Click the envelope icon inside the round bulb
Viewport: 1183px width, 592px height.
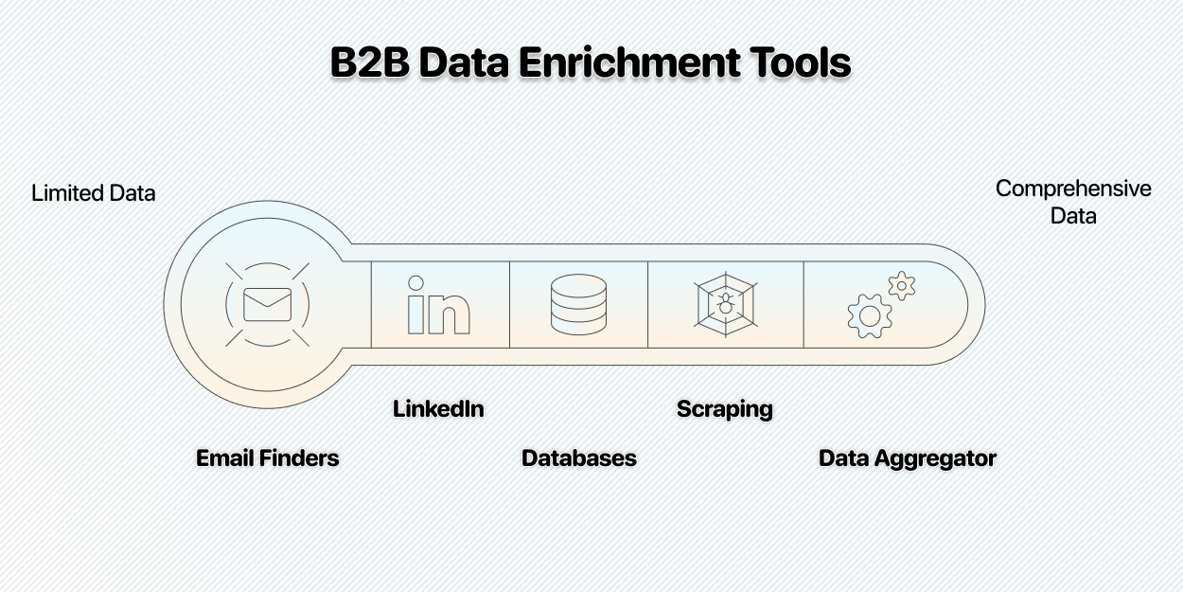pos(267,304)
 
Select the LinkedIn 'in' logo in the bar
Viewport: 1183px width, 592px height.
pos(438,305)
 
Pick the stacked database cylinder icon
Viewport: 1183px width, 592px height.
pos(578,304)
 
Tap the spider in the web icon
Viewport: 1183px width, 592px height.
pos(726,304)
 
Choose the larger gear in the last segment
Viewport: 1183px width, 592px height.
pos(870,316)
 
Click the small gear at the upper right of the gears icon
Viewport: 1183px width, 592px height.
pos(902,286)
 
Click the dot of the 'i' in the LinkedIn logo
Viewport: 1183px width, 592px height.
pos(415,283)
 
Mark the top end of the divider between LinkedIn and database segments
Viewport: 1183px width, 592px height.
pos(510,261)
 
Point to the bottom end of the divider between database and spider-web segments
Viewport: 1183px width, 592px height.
pos(648,348)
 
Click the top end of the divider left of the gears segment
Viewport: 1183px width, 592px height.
pos(803,261)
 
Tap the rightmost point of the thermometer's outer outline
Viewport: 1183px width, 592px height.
pos(985,304)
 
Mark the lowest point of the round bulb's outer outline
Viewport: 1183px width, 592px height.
pos(267,408)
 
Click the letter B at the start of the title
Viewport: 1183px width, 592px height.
pos(344,63)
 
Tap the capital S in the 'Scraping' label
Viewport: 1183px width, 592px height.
pos(685,409)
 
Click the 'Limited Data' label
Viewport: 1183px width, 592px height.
pos(94,193)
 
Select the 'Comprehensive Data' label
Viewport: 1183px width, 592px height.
pos(1073,202)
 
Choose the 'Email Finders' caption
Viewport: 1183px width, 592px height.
pos(268,458)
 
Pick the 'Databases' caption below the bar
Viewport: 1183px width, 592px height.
pos(579,458)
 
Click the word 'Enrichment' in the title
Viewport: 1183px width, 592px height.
pos(629,63)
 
